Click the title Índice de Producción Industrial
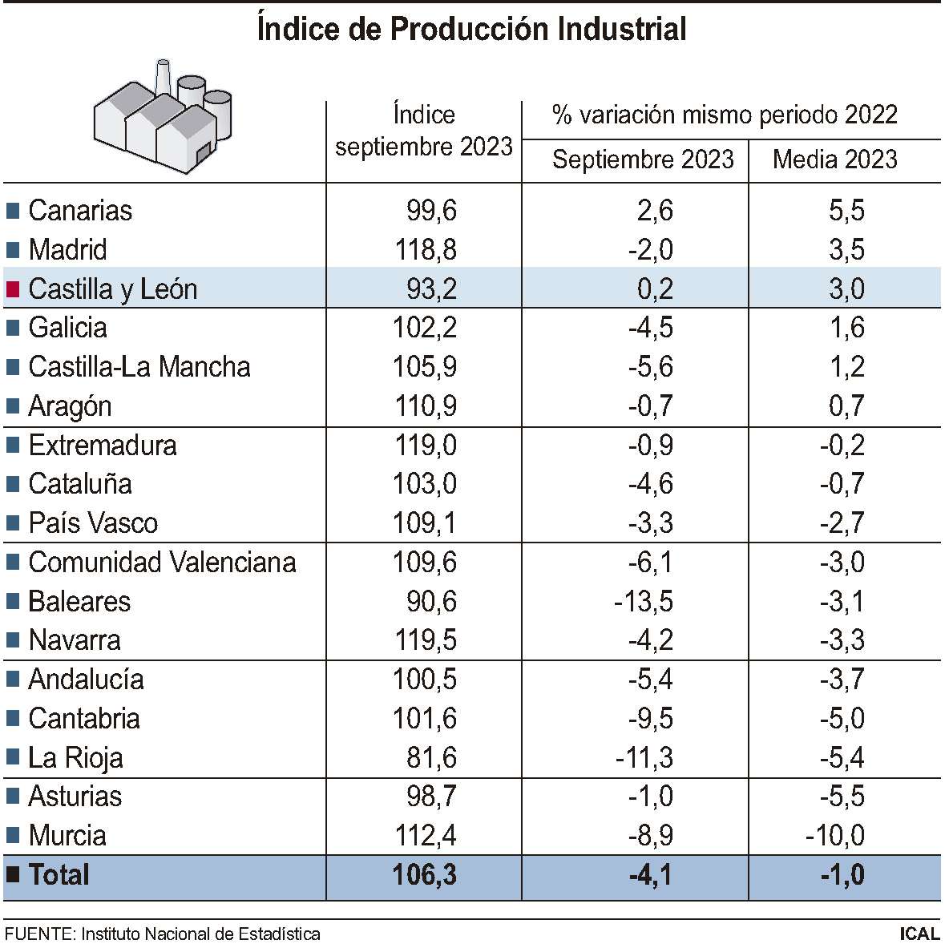(471, 30)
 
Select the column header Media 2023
(834, 159)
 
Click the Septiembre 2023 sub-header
(643, 159)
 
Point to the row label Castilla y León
(112, 288)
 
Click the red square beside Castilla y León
(13, 289)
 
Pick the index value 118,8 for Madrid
(425, 250)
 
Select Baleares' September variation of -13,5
(643, 602)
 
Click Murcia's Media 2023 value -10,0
(834, 836)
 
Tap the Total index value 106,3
(425, 875)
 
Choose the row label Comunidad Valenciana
(162, 563)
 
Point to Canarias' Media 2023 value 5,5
(846, 211)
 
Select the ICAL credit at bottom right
(919, 934)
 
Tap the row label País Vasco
(93, 523)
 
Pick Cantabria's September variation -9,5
(650, 719)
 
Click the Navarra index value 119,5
(425, 640)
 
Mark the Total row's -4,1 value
(650, 875)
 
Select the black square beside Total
(13, 875)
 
